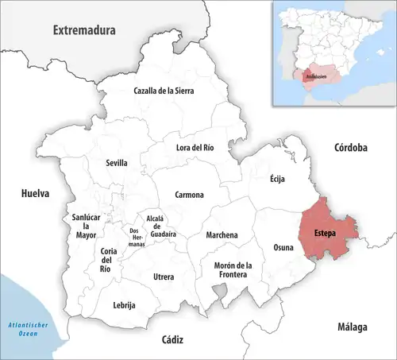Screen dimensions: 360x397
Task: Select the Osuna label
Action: [x=283, y=247]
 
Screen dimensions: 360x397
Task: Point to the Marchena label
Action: [x=222, y=235]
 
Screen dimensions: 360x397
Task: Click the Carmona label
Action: [x=189, y=195]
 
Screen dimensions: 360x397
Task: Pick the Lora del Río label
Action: [x=195, y=147]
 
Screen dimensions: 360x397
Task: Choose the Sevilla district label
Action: [x=117, y=163]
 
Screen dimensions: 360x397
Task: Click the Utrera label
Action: [x=164, y=277]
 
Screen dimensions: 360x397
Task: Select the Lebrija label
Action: [x=125, y=305]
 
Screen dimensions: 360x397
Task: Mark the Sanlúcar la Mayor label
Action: [x=86, y=226]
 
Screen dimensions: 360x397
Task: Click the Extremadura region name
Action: [x=84, y=30]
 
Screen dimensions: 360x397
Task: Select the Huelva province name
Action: [x=35, y=193]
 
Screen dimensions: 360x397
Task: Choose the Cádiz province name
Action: [x=172, y=339]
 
